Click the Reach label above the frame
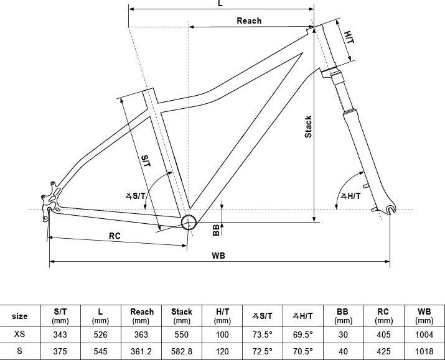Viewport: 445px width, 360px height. [x=249, y=21]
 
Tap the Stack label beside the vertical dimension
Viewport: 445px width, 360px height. [x=308, y=127]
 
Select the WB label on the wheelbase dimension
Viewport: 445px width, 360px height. [x=218, y=256]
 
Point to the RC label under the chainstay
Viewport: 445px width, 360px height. [x=115, y=236]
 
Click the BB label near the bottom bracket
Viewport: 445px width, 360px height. [x=216, y=230]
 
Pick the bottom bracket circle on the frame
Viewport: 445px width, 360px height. [x=189, y=222]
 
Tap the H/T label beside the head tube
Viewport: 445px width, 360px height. [x=349, y=37]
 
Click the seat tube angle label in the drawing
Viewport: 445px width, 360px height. [x=136, y=196]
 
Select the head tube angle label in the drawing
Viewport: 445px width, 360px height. [x=351, y=196]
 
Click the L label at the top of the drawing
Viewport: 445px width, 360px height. [x=220, y=3]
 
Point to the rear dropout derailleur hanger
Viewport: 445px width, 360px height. [x=45, y=213]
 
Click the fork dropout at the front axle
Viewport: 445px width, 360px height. [x=391, y=209]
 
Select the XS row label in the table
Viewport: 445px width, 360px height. [x=19, y=334]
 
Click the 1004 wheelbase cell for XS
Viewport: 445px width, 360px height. [x=424, y=335]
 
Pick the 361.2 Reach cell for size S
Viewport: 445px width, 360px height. [x=141, y=351]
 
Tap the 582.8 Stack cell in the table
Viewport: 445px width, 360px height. [x=181, y=351]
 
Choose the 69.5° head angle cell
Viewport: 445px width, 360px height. [x=303, y=335]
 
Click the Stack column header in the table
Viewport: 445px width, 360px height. [x=181, y=316]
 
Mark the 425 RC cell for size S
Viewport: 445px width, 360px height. [x=383, y=351]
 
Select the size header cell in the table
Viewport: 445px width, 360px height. [x=19, y=316]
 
